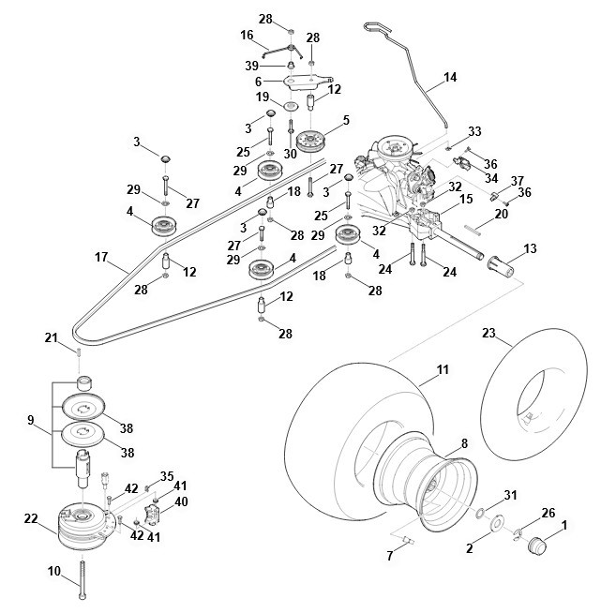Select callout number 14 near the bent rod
pos(450,78)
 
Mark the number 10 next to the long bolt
pos(53,570)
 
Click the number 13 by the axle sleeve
pos(531,248)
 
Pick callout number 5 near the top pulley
pos(345,120)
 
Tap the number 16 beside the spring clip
pos(248,36)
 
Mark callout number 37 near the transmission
pos(517,180)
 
